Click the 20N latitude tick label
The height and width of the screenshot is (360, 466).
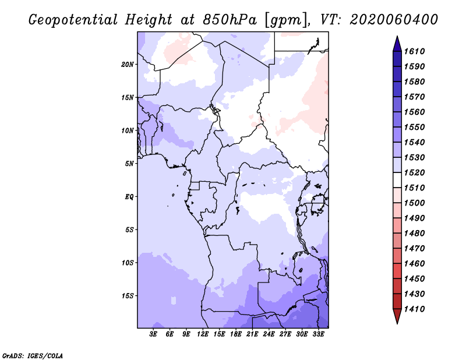(x=127, y=65)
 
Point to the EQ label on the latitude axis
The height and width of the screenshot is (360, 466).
(x=129, y=197)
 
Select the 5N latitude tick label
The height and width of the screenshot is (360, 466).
(x=129, y=164)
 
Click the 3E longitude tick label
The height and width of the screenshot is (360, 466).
(x=153, y=334)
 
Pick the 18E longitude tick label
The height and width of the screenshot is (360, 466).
(x=236, y=334)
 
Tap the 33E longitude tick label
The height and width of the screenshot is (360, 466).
(x=318, y=334)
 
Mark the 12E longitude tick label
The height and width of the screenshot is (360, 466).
(x=203, y=334)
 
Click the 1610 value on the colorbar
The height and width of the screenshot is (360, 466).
(x=414, y=51)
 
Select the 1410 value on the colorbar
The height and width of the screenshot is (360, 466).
(x=414, y=309)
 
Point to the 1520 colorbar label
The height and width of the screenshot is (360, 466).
(x=414, y=172)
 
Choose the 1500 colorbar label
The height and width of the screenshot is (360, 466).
(x=414, y=203)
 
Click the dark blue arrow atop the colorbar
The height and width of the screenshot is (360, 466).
(x=397, y=45)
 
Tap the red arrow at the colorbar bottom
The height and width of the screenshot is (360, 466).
(x=397, y=315)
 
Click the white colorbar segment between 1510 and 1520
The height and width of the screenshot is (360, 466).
(x=397, y=180)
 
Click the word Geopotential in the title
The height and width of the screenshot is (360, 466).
(x=73, y=20)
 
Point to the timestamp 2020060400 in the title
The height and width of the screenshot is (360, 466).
(x=394, y=20)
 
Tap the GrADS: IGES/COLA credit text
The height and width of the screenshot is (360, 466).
(x=33, y=355)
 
